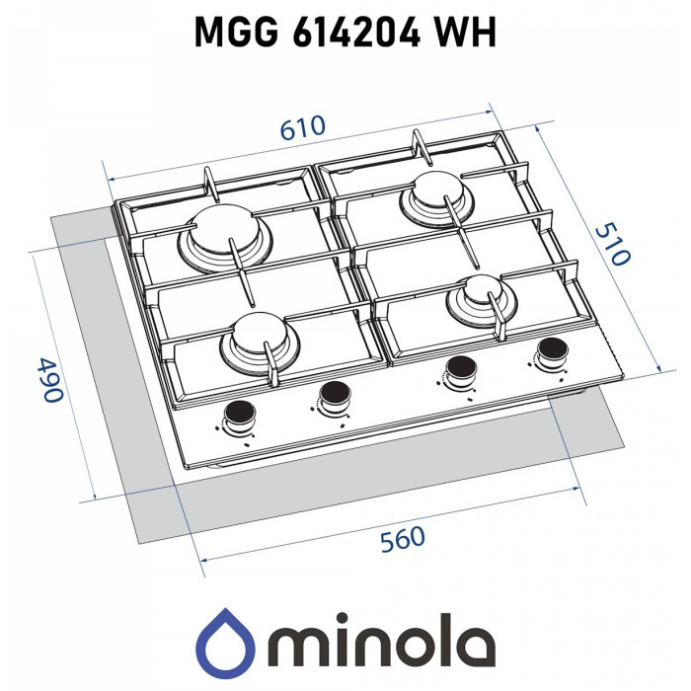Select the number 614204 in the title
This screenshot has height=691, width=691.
[354, 33]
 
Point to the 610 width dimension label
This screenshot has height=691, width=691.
[303, 129]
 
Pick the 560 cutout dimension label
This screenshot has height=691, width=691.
[402, 539]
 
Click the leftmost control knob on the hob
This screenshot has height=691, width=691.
[238, 415]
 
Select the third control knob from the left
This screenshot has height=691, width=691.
[458, 369]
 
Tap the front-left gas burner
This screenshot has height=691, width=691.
[259, 339]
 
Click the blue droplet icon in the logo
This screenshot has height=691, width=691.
[226, 640]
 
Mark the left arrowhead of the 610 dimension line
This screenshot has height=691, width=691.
[109, 179]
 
